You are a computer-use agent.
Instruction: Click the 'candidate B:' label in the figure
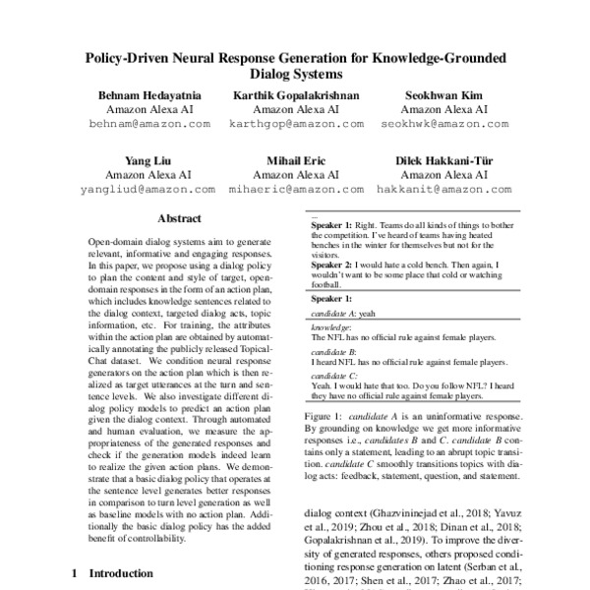pyautogui.click(x=333, y=351)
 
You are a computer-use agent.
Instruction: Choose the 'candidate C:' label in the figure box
pyautogui.click(x=333, y=376)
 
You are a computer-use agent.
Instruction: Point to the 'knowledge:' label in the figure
pyautogui.click(x=331, y=326)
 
